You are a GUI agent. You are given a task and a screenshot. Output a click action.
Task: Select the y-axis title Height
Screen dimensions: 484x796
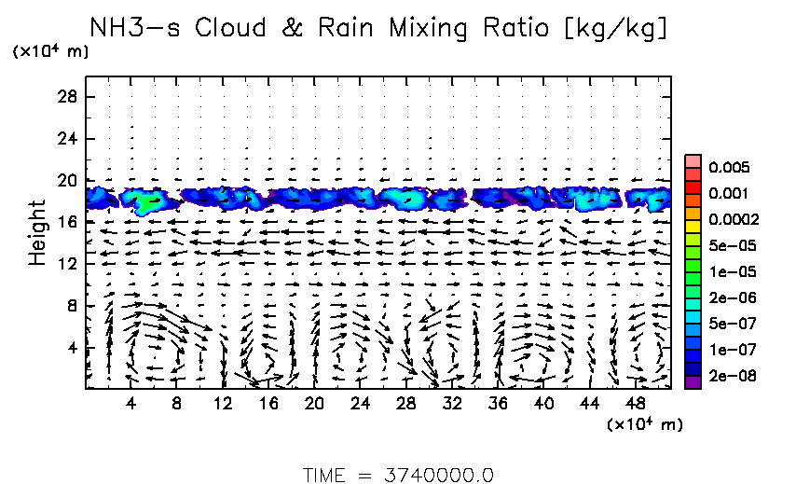tap(37, 231)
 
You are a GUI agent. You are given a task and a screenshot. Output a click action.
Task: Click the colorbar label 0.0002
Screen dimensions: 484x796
tap(730, 220)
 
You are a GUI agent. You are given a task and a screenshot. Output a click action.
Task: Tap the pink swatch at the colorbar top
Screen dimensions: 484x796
tap(693, 160)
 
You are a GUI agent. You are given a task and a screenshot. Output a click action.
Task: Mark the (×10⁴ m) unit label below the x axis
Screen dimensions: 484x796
tap(645, 425)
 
